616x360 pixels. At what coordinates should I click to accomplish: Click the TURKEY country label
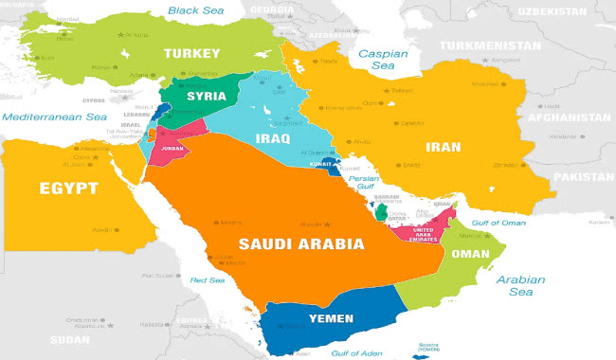(x=191, y=53)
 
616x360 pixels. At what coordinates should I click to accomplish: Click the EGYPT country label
(x=68, y=189)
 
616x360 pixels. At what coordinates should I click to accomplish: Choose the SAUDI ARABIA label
(x=301, y=243)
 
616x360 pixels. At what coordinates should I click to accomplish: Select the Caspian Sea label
(x=381, y=62)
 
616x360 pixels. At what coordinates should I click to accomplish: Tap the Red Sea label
(x=208, y=280)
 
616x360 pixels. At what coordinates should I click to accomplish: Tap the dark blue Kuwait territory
(x=330, y=170)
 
